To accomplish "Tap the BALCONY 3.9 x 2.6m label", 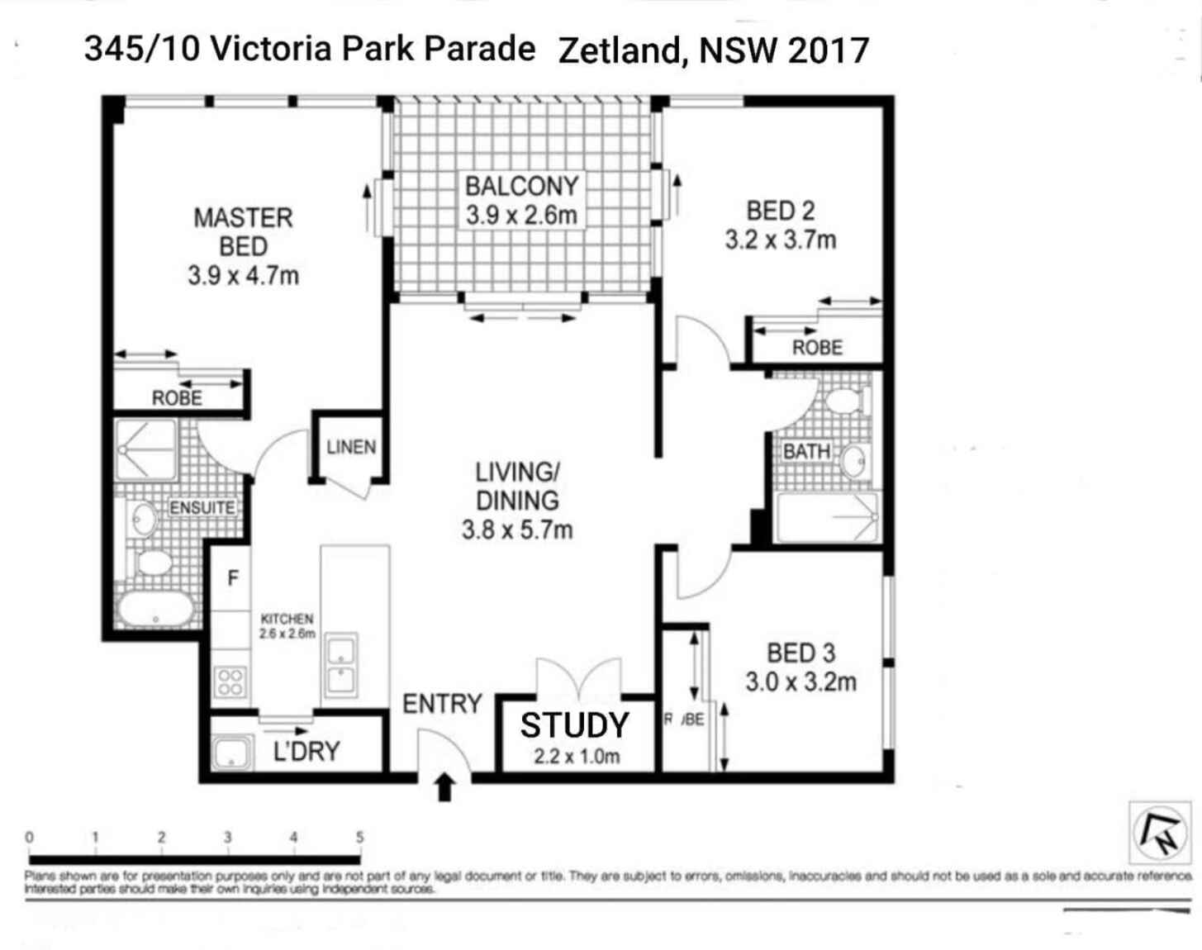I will point(521,201).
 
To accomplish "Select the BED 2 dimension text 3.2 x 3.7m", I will point(781,240).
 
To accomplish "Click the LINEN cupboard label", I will point(351,447).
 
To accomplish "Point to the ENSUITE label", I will point(202,507).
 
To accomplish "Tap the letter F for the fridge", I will point(233,578).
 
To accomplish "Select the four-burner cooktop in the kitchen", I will point(230,683).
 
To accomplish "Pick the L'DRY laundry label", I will point(306,751).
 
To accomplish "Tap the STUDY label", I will point(575,724).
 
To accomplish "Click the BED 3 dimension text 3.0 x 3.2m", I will point(801,682).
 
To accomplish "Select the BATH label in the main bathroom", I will point(806,452).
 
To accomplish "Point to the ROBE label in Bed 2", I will point(817,348).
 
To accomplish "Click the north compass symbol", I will point(1160,832).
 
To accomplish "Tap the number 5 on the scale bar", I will point(359,838).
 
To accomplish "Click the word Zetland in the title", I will point(620,51).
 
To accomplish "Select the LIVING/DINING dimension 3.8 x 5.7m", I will point(517,530).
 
